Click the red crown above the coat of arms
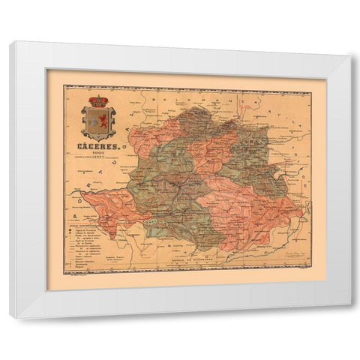98,101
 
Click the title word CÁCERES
98,147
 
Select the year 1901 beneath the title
98,155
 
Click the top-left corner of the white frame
10,42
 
